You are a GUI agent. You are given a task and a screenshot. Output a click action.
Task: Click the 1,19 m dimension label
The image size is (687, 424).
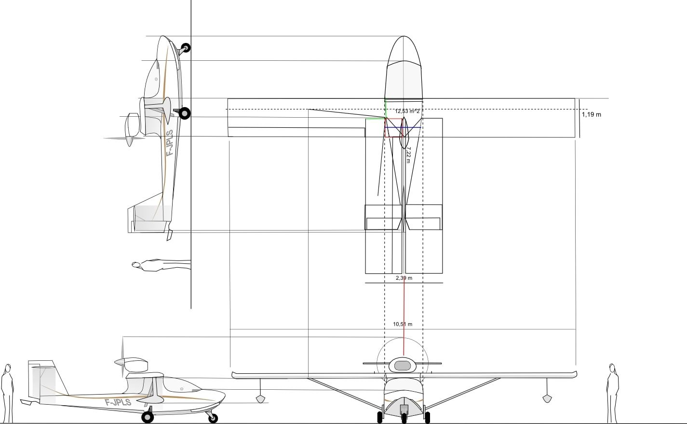592,115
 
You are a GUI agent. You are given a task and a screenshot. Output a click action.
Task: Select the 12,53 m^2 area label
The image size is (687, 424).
407,111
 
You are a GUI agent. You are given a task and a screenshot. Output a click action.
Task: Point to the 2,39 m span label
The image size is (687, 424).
404,278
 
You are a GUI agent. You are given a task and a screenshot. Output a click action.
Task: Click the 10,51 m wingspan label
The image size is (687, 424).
403,324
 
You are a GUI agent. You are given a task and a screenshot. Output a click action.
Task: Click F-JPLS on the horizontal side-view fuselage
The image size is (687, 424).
118,402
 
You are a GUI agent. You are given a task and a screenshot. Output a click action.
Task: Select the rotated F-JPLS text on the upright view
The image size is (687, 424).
170,143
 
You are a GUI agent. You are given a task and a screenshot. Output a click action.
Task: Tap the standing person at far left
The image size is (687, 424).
7,393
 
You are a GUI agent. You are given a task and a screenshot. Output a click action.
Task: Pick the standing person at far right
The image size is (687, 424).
612,393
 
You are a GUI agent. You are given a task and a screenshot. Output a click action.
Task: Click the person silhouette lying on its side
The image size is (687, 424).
162,265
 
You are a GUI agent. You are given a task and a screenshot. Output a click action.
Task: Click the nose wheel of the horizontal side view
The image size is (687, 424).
213,418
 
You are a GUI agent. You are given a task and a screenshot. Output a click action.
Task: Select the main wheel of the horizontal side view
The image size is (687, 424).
148,417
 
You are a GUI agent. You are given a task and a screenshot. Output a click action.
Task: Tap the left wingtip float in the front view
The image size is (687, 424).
260,399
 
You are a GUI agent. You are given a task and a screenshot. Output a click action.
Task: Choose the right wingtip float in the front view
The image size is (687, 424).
547,398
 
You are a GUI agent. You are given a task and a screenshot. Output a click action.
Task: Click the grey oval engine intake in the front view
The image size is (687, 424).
403,366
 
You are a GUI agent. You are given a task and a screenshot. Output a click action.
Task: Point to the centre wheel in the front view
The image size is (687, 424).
404,418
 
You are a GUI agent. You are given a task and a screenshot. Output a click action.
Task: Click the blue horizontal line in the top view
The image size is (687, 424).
403,127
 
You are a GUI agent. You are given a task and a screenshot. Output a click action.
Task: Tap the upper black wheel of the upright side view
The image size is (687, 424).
186,48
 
